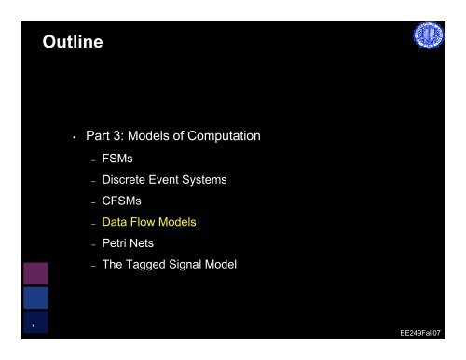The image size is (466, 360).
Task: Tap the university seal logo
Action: click(x=430, y=39)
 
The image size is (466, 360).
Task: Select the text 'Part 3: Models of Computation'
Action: click(x=172, y=136)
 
